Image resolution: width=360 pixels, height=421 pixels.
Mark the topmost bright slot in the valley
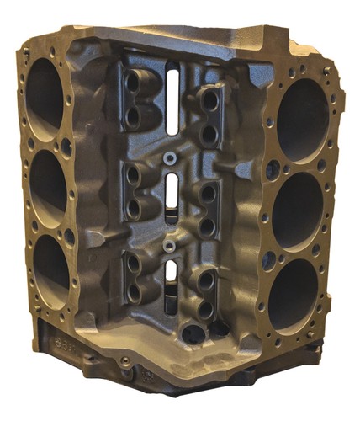172,97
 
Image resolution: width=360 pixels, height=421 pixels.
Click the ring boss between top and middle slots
171,157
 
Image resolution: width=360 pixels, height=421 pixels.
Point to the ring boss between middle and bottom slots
171,246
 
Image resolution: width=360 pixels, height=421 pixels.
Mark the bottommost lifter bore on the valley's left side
134,290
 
